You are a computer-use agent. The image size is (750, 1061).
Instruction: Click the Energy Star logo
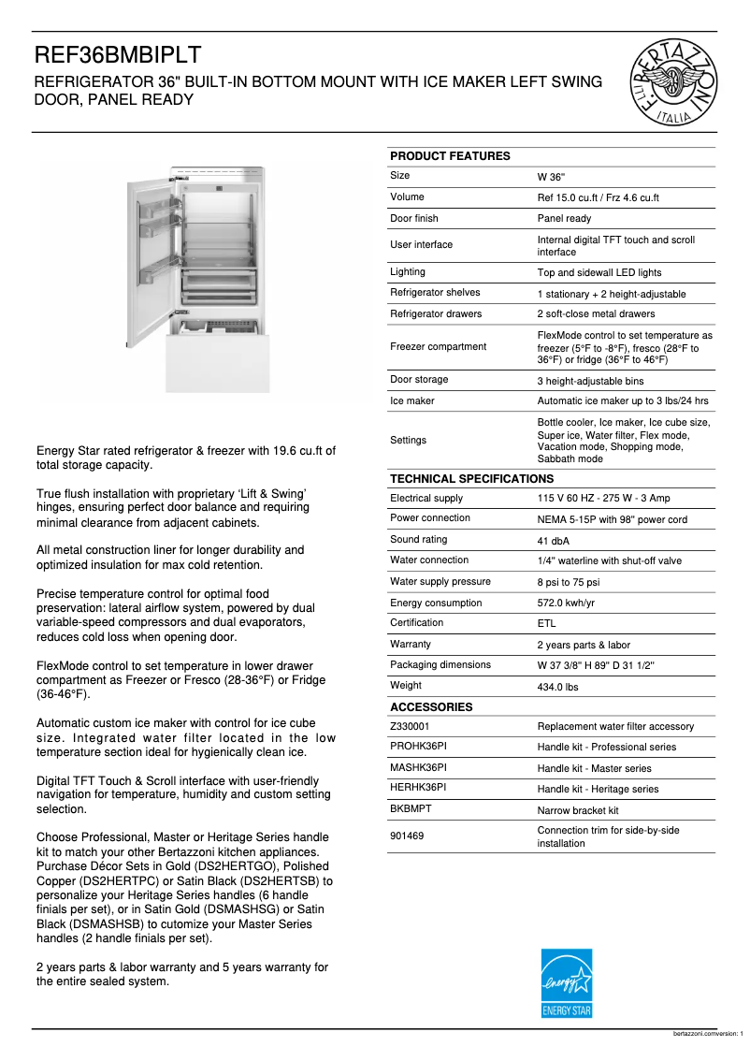pyautogui.click(x=567, y=983)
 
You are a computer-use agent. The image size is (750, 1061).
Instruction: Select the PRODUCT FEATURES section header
pyautogui.click(x=450, y=156)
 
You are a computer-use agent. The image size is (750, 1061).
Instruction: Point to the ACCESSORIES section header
pyautogui.click(x=431, y=707)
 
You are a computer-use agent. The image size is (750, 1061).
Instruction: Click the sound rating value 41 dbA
pyautogui.click(x=554, y=541)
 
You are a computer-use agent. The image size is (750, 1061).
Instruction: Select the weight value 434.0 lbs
pyautogui.click(x=557, y=687)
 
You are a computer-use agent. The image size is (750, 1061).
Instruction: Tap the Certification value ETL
pyautogui.click(x=546, y=624)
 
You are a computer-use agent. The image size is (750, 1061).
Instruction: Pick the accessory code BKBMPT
pyautogui.click(x=411, y=809)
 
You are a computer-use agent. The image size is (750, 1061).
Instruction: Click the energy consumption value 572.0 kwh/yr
pyautogui.click(x=566, y=603)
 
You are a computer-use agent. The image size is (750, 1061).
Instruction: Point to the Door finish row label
pyautogui.click(x=414, y=218)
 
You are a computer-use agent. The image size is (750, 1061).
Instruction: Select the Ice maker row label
pyautogui.click(x=412, y=400)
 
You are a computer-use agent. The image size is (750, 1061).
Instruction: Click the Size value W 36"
pyautogui.click(x=551, y=177)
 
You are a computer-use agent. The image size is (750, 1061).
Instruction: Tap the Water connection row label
pyautogui.click(x=429, y=560)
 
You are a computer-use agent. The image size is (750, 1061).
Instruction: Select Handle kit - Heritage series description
pyautogui.click(x=598, y=790)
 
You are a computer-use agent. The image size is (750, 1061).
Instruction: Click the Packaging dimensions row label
pyautogui.click(x=440, y=665)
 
